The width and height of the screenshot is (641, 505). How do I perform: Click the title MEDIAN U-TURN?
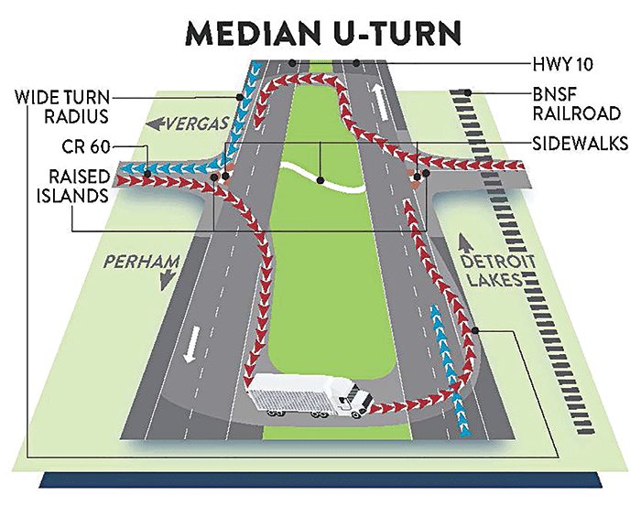point(323,33)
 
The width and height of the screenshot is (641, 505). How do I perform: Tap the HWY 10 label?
point(562,65)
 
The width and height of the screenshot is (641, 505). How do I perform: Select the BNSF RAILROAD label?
point(576,104)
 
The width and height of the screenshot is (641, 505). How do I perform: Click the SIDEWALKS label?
point(580,144)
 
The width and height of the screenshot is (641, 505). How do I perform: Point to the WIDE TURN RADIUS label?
point(62,107)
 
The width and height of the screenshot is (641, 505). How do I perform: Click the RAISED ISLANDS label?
point(73,186)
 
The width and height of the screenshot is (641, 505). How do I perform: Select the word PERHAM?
point(142,262)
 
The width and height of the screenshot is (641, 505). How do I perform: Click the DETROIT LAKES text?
point(497,271)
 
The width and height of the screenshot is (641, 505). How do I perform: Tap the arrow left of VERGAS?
point(156,124)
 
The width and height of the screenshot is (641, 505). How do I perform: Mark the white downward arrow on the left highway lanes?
point(191,344)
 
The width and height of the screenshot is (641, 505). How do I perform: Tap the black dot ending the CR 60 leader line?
point(148,174)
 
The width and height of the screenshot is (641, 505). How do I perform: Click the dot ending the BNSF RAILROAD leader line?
point(468,92)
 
